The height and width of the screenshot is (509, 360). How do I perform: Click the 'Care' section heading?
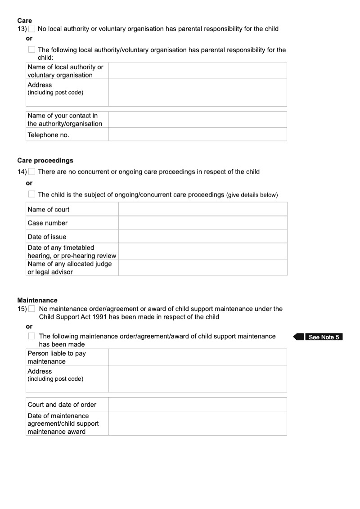[x=25, y=20]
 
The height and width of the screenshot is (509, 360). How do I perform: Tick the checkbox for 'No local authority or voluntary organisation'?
[x=31, y=29]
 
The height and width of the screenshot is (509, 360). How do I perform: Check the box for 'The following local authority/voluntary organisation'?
[x=31, y=50]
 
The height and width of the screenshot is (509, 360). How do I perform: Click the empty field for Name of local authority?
[x=197, y=71]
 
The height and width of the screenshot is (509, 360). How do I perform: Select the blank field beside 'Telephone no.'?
[x=197, y=135]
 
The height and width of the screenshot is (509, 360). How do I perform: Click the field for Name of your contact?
[x=197, y=120]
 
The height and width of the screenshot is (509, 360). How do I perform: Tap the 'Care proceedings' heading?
[x=45, y=160]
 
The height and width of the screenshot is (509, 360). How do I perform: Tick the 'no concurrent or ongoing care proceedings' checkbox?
[x=31, y=171]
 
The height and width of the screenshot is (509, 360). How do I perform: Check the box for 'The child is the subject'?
[x=31, y=194]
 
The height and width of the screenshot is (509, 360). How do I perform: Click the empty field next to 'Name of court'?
[x=202, y=209]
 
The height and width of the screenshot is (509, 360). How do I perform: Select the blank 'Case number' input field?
[x=202, y=223]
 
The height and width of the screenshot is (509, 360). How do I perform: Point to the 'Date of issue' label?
[x=47, y=237]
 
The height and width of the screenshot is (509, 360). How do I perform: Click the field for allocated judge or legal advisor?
[x=202, y=267]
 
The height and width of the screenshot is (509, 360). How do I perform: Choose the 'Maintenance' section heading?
[x=37, y=300]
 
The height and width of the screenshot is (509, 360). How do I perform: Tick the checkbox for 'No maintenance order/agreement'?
[x=31, y=309]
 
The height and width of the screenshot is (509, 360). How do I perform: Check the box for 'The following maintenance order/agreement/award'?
[x=31, y=336]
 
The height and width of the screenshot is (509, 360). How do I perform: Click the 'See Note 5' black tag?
[x=323, y=337]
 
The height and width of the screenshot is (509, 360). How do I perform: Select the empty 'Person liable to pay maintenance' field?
[x=197, y=357]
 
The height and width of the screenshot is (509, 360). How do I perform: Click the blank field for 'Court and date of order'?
[x=197, y=404]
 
